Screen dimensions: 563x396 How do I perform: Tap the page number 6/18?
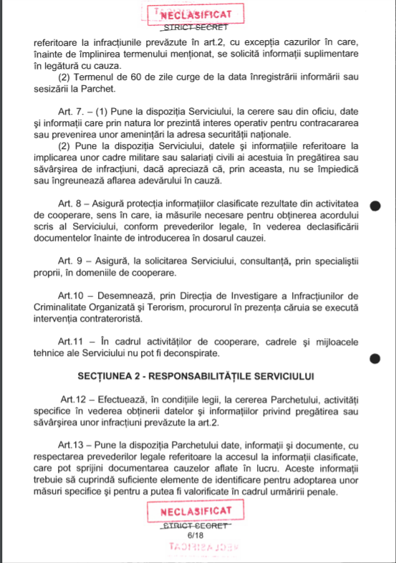(194, 534)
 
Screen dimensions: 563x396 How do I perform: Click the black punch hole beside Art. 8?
(374, 206)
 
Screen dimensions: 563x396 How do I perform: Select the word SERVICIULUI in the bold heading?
(280, 375)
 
